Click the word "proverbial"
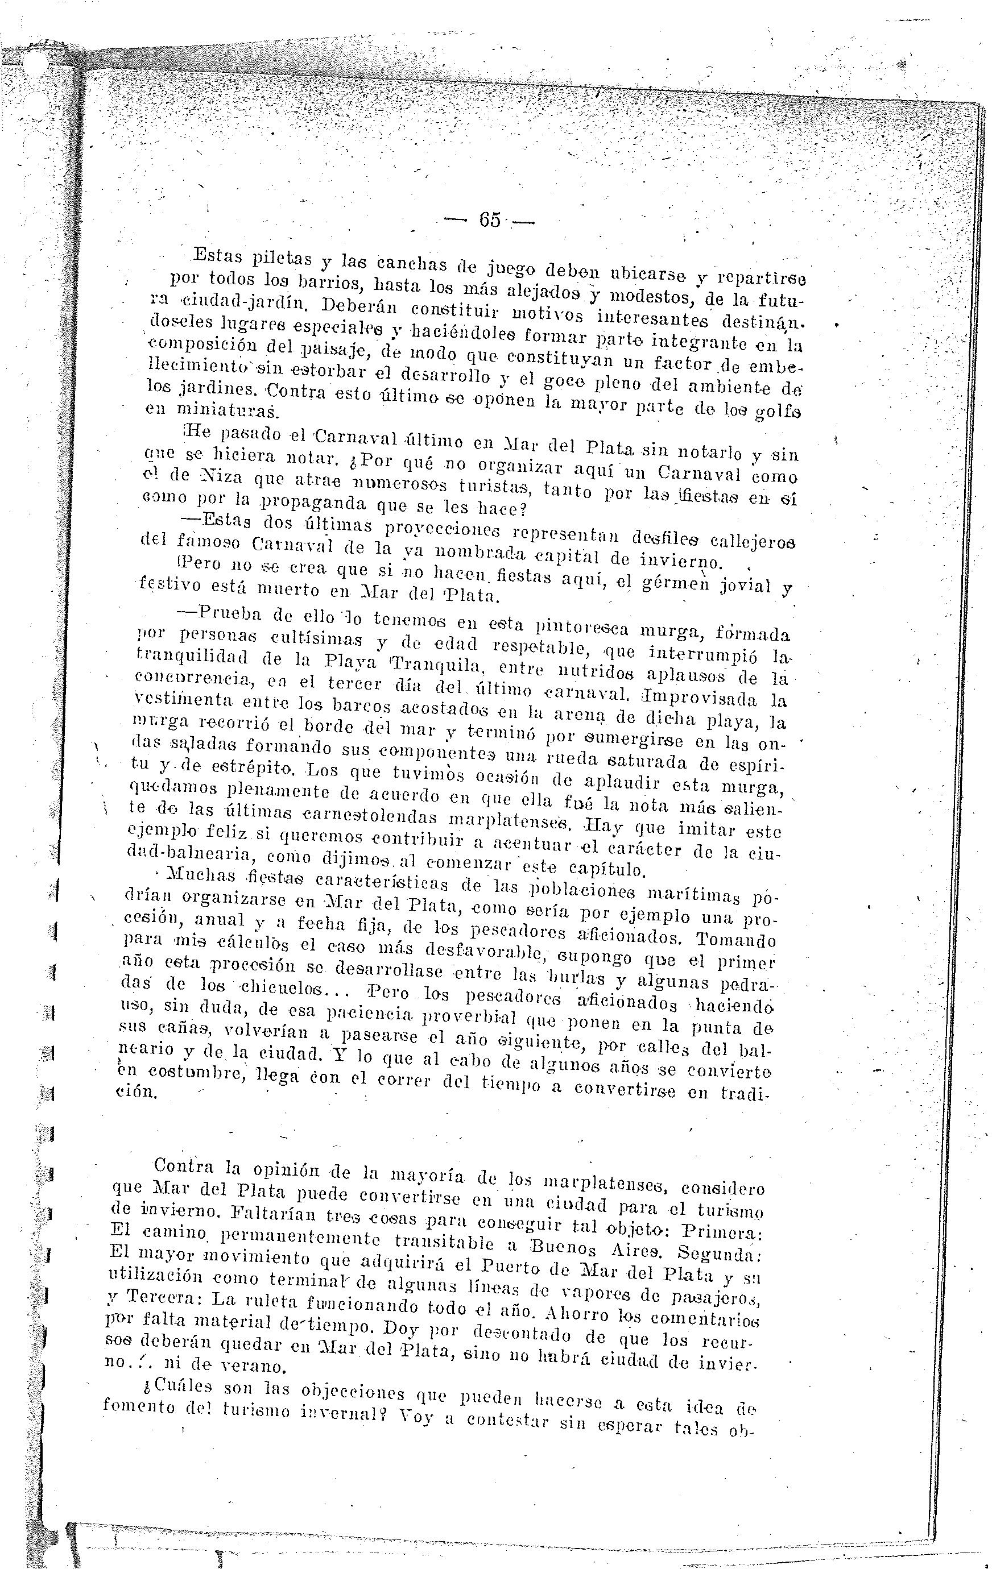470,1015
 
